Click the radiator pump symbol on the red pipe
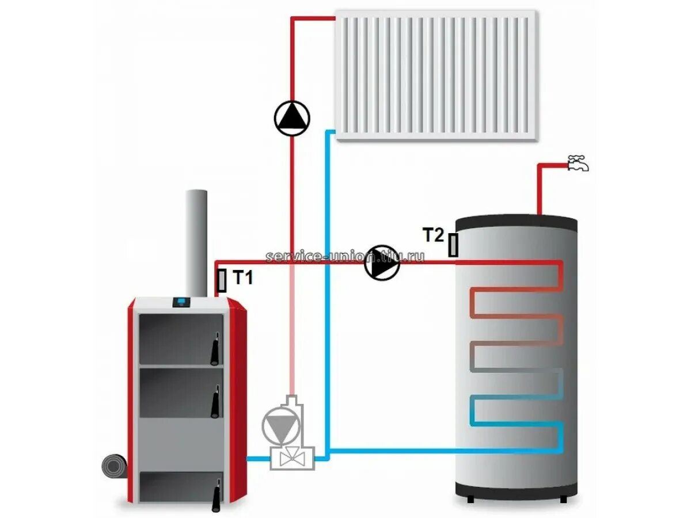tap(292, 118)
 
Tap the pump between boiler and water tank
tap(382, 263)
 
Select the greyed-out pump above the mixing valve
tap(279, 425)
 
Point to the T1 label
tap(243, 279)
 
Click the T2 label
tap(434, 235)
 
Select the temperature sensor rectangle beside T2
tap(454, 245)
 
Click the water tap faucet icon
tap(578, 163)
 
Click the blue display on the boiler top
tap(182, 301)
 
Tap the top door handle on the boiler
tap(215, 349)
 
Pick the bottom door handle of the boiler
tap(217, 494)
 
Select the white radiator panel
tap(436, 75)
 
